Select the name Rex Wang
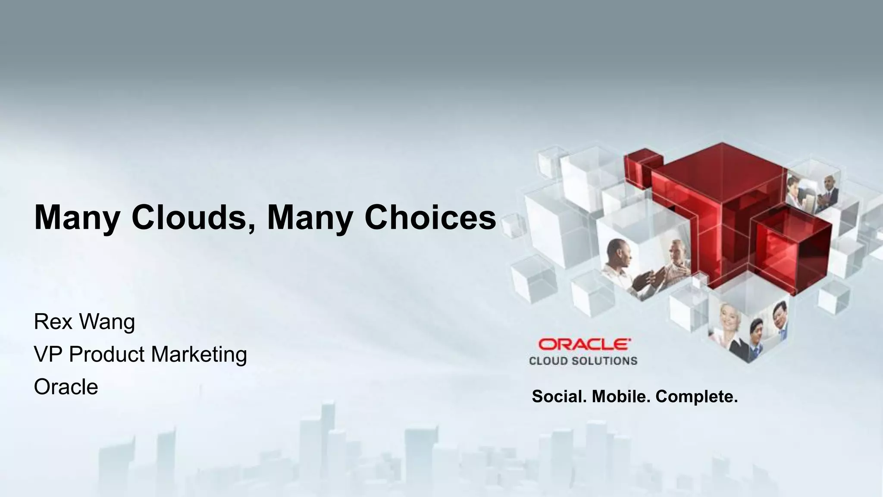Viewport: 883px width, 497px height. tap(85, 322)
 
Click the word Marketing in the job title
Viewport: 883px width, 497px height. tap(199, 354)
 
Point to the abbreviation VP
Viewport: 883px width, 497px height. tap(48, 354)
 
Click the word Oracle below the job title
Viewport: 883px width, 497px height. tap(66, 387)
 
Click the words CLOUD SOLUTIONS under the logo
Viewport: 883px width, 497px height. tap(583, 361)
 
